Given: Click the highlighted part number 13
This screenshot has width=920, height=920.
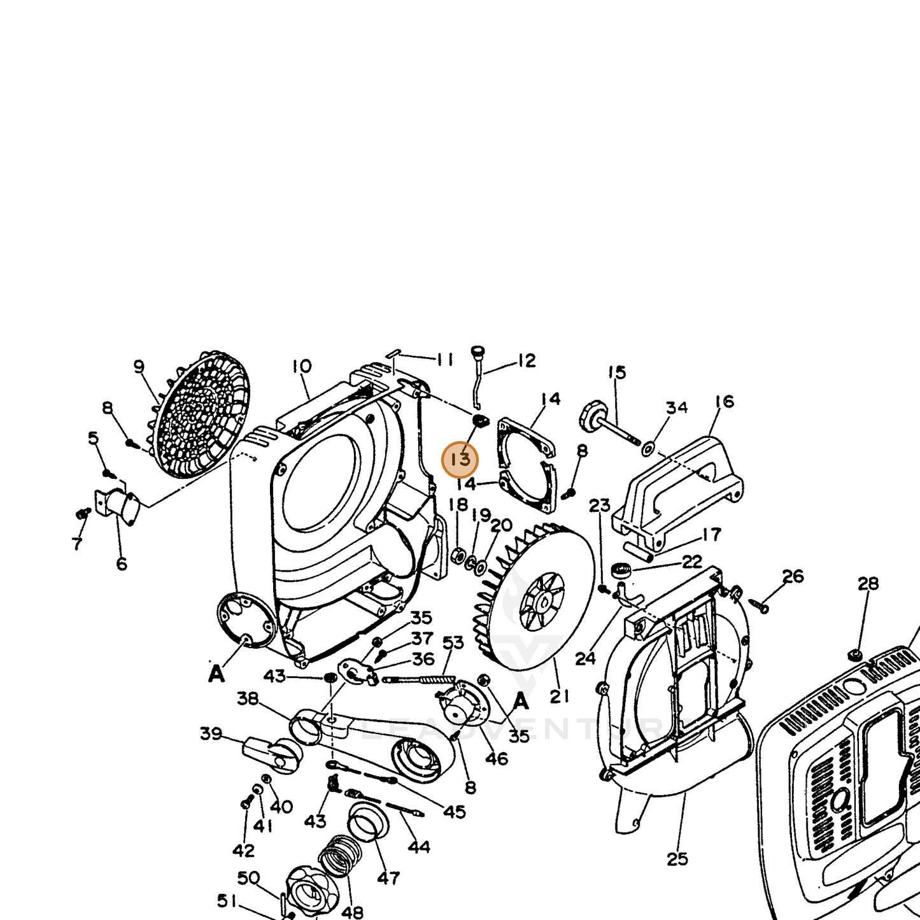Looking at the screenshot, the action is click(x=460, y=460).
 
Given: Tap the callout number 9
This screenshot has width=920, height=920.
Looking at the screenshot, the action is click(x=138, y=367).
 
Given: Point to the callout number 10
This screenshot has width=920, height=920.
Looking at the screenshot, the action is click(x=302, y=367).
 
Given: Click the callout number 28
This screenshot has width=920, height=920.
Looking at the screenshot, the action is click(x=868, y=583).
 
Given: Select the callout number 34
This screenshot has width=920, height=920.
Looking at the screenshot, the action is click(x=677, y=407).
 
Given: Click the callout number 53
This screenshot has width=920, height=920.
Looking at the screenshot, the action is click(x=453, y=643).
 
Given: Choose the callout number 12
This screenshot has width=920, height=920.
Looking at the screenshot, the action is click(x=527, y=361).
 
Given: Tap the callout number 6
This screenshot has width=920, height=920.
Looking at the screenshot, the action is click(x=122, y=564).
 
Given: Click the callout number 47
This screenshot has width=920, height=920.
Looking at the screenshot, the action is click(x=388, y=877).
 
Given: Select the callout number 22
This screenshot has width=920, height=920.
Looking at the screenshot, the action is click(x=692, y=562).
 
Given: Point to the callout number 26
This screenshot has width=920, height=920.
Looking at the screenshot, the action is click(x=793, y=577).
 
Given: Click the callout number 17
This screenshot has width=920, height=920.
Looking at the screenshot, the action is click(x=711, y=535).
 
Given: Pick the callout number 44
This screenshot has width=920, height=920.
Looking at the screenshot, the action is click(x=419, y=847).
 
